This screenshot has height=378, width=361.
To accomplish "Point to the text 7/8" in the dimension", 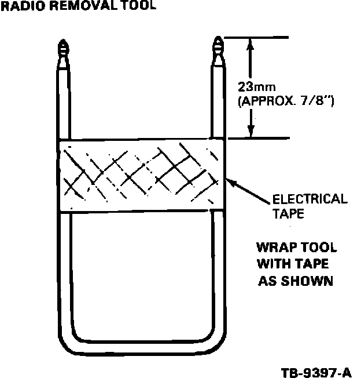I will point(316,100).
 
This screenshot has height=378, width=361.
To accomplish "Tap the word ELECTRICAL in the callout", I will point(310,200).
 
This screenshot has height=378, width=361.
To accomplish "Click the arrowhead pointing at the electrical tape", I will point(229,181).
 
